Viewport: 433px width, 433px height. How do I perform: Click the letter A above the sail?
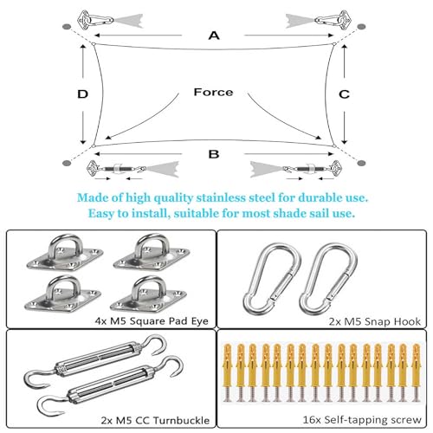(x=214, y=36)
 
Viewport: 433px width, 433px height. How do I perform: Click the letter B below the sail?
(x=214, y=154)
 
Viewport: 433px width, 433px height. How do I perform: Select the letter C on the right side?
(x=344, y=94)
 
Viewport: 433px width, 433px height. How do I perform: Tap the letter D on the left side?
(x=83, y=94)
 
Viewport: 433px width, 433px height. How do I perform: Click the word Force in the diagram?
(x=213, y=92)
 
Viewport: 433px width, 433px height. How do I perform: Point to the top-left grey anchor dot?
(x=67, y=27)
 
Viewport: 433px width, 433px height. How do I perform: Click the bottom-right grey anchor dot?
(x=361, y=164)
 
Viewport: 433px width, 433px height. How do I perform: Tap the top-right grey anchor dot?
(x=361, y=27)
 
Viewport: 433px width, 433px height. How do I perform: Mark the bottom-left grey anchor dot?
(x=67, y=164)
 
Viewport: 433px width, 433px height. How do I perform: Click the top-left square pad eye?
(x=65, y=254)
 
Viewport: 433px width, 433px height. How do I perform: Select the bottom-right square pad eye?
(x=149, y=296)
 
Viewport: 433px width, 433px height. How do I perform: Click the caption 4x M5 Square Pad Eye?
(x=152, y=321)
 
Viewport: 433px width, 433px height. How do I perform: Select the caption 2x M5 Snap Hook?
(x=375, y=321)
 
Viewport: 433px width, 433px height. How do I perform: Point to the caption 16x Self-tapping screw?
(x=362, y=419)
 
